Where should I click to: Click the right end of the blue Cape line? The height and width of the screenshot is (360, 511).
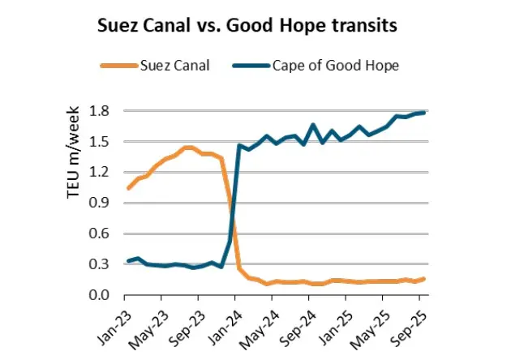[424, 113]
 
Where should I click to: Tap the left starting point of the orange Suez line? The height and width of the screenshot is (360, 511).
[128, 188]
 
